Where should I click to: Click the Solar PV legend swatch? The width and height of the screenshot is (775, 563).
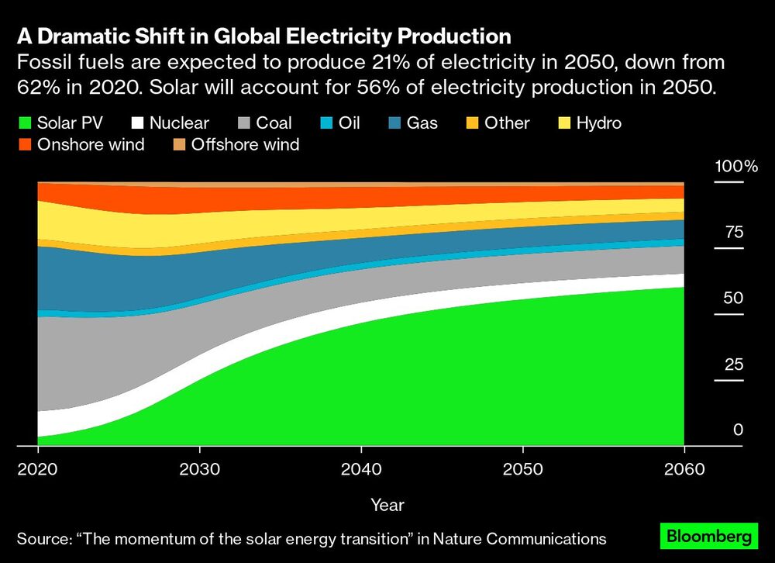click(25, 123)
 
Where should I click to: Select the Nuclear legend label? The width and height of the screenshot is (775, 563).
click(179, 123)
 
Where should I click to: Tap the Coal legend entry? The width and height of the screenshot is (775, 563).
click(274, 123)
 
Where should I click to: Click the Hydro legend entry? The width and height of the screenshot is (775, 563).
click(597, 123)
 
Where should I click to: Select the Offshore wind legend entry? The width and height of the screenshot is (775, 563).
click(245, 145)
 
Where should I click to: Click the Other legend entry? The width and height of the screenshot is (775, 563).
click(506, 123)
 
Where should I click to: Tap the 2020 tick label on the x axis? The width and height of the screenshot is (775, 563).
click(38, 469)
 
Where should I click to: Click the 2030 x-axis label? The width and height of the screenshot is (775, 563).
click(199, 469)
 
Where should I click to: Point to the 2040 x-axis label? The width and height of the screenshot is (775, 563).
click(361, 469)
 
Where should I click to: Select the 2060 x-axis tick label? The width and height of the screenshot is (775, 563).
click(684, 469)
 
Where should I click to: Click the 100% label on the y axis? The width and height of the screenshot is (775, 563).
click(736, 167)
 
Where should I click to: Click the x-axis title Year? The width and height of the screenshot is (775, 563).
click(387, 505)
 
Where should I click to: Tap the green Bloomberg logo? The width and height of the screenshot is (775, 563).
click(706, 536)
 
